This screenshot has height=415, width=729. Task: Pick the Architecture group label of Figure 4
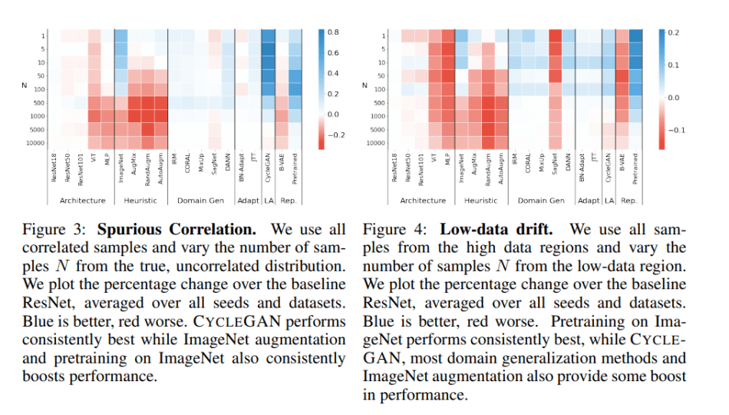pyautogui.click(x=423, y=201)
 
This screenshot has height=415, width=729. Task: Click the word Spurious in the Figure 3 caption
pyautogui.click(x=130, y=230)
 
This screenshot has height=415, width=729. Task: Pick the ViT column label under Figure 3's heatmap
pyautogui.click(x=92, y=161)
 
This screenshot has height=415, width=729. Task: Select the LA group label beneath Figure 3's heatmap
pyautogui.click(x=268, y=201)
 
